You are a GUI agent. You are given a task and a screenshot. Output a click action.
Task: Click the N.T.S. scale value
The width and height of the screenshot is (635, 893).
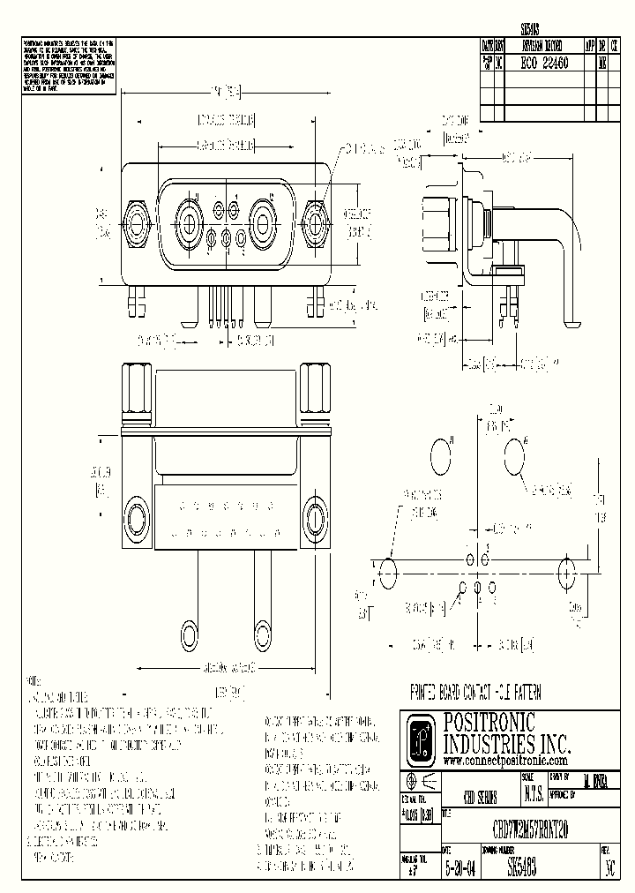pyautogui.click(x=534, y=794)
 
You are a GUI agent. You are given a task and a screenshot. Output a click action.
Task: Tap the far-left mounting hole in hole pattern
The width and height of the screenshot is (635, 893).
pyautogui.click(x=386, y=572)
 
